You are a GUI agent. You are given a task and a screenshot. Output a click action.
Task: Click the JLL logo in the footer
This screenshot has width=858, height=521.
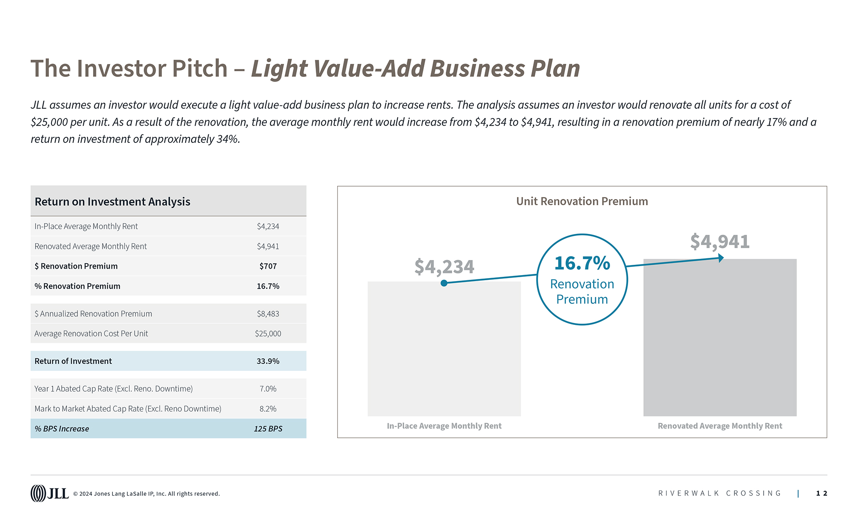pyautogui.click(x=49, y=493)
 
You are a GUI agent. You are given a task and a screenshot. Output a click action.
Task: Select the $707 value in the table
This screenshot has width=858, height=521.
pyautogui.click(x=268, y=266)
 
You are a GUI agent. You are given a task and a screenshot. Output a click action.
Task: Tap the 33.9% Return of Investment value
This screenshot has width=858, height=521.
pyautogui.click(x=268, y=361)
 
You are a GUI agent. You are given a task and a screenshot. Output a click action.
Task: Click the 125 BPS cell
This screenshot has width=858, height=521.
pyautogui.click(x=268, y=429)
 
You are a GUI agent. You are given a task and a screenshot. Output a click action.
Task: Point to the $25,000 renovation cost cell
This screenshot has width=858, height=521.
pyautogui.click(x=268, y=333)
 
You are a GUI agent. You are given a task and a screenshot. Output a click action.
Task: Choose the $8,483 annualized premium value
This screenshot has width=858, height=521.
pyautogui.click(x=268, y=314)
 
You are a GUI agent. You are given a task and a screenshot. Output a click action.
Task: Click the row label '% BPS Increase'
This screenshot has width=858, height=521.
pyautogui.click(x=62, y=429)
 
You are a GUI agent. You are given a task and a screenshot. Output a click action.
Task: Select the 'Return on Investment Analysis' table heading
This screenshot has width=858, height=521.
pyautogui.click(x=112, y=202)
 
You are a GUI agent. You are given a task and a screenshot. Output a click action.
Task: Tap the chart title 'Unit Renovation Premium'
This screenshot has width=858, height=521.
pyautogui.click(x=582, y=201)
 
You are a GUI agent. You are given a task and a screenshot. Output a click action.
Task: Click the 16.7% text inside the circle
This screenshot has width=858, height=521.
pyautogui.click(x=582, y=263)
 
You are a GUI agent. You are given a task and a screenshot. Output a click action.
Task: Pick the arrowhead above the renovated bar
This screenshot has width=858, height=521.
pyautogui.click(x=721, y=258)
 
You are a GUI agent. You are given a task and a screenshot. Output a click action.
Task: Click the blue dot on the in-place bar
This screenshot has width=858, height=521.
pyautogui.click(x=444, y=283)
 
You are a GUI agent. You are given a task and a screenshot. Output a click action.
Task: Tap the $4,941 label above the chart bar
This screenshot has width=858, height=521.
pyautogui.click(x=719, y=242)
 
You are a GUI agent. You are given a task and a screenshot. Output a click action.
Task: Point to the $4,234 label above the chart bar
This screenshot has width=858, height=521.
pyautogui.click(x=444, y=267)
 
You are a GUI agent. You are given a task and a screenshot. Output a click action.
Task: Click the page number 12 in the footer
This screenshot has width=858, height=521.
pyautogui.click(x=821, y=494)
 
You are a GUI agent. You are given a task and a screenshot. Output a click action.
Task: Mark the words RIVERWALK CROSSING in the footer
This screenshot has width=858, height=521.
pyautogui.click(x=719, y=494)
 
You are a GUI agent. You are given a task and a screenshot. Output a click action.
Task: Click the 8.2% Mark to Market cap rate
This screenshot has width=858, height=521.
pyautogui.click(x=268, y=409)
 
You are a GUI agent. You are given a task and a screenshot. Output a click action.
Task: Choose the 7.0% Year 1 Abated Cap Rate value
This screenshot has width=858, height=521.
pyautogui.click(x=268, y=389)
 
